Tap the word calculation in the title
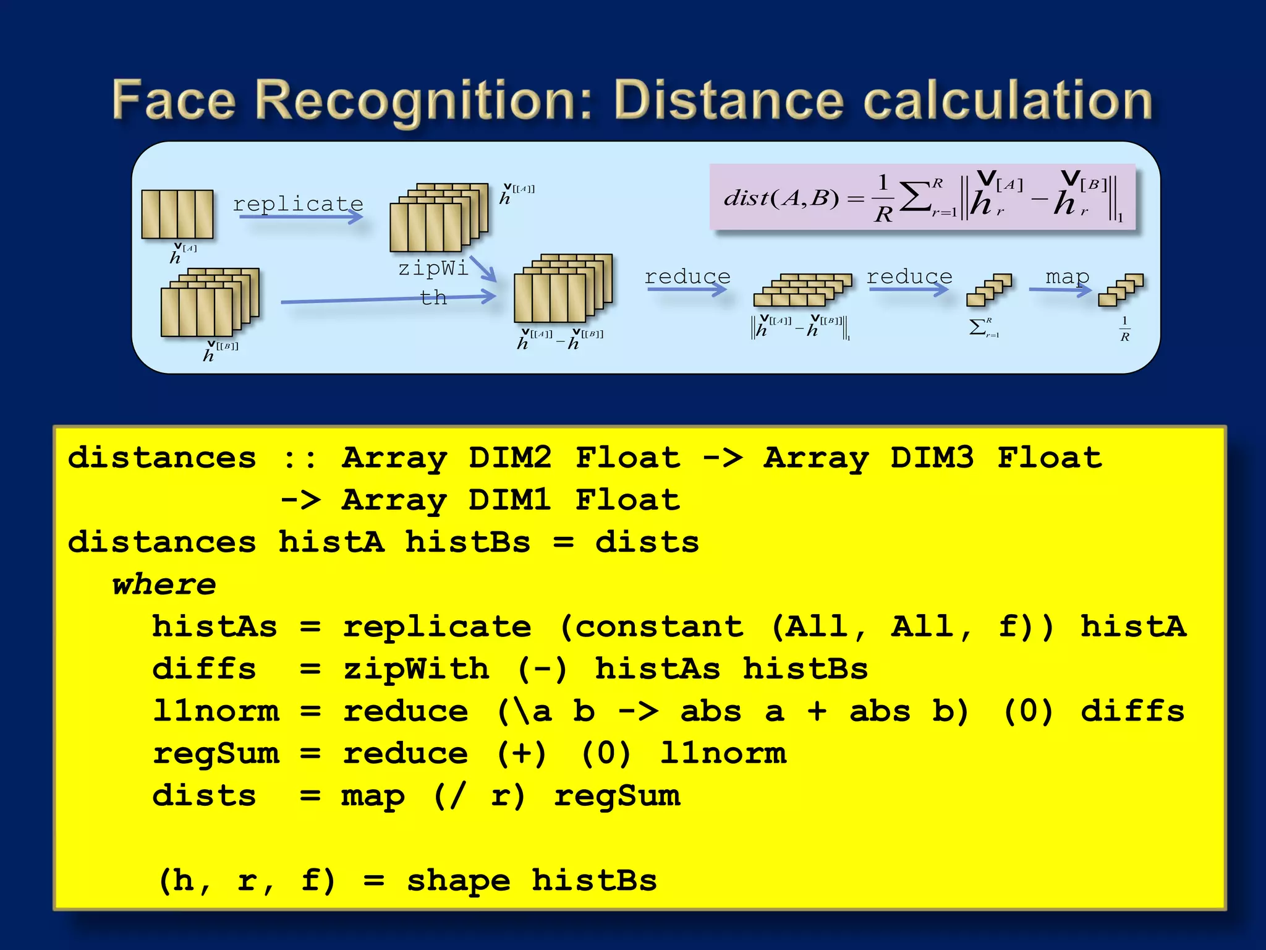[1008, 100]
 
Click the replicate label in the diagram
[298, 203]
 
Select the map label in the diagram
[1067, 276]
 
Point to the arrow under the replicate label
[300, 216]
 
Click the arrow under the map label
[1060, 289]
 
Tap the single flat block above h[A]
[177, 214]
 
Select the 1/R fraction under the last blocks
[1124, 329]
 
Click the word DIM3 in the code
[932, 458]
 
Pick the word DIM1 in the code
[509, 500]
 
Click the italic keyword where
[164, 584]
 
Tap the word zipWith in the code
[415, 669]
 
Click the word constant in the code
[659, 627]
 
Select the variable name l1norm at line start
[216, 711]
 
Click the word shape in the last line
[458, 881]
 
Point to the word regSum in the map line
[617, 796]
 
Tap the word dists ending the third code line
[647, 542]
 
